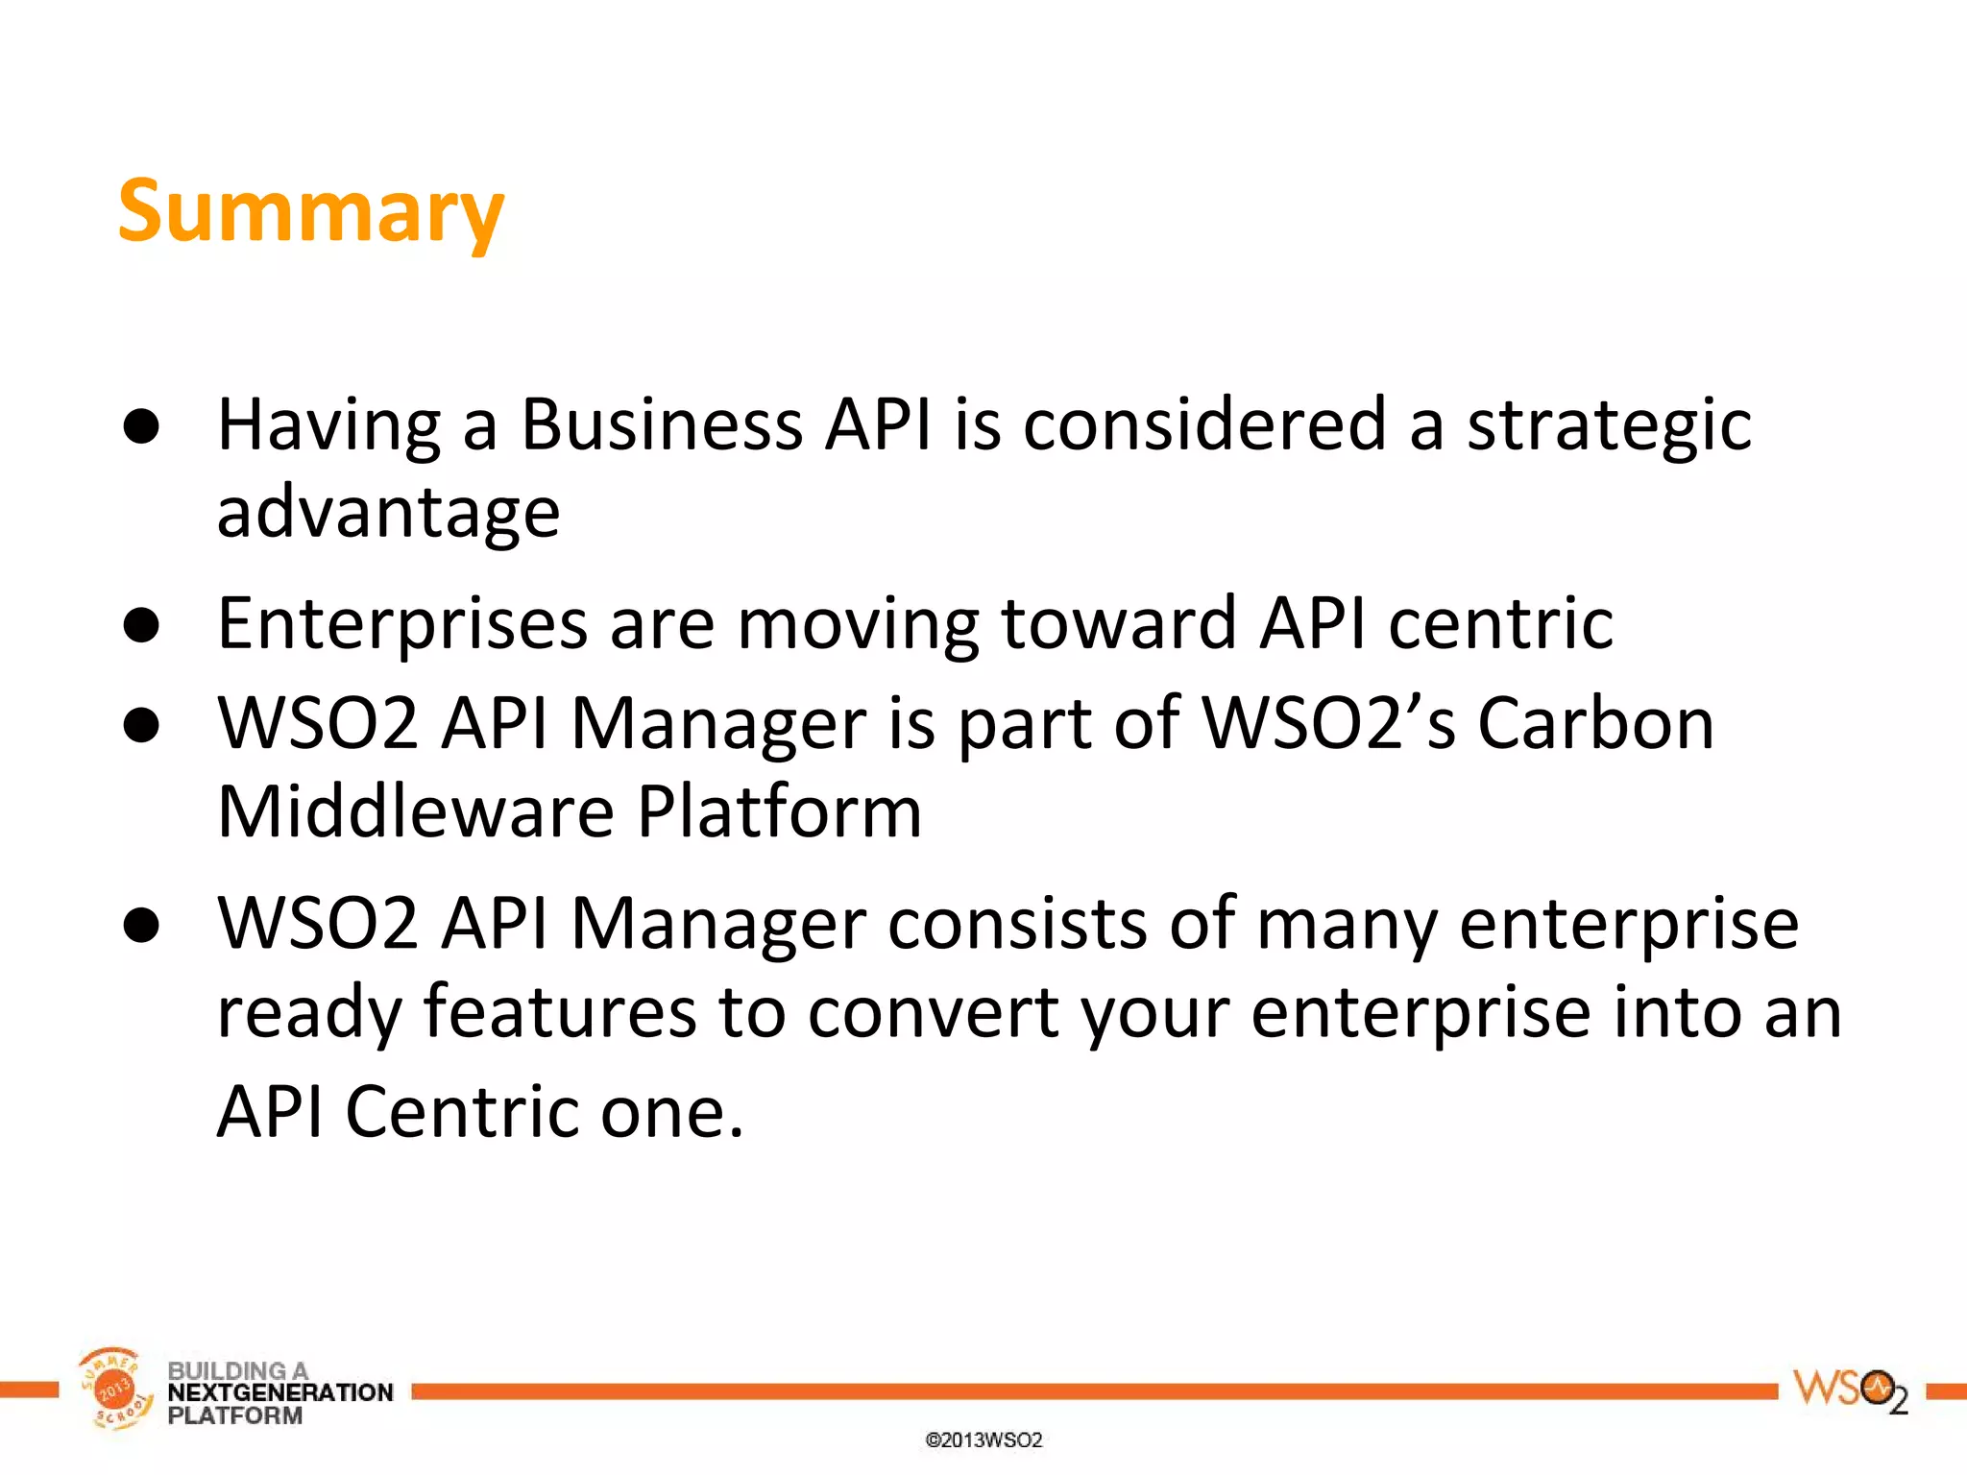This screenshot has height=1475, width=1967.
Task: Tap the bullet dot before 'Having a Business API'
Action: pyautogui.click(x=141, y=426)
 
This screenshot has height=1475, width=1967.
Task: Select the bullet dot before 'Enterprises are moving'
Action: pyautogui.click(x=141, y=626)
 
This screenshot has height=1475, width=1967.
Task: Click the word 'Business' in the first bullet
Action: pyautogui.click(x=662, y=424)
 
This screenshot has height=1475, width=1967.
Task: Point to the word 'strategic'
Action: pyautogui.click(x=1609, y=426)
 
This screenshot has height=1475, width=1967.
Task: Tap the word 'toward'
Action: pyautogui.click(x=1118, y=624)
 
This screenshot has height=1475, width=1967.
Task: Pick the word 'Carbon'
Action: pyautogui.click(x=1595, y=723)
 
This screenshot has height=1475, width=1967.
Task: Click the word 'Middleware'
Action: pyautogui.click(x=416, y=812)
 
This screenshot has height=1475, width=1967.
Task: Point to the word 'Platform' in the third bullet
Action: pyautogui.click(x=779, y=812)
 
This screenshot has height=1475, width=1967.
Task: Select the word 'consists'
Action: pyautogui.click(x=1017, y=924)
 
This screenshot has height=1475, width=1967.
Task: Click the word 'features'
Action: pyautogui.click(x=560, y=1012)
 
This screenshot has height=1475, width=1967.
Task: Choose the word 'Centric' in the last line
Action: pyautogui.click(x=462, y=1112)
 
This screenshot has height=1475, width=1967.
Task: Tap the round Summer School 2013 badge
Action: pyautogui.click(x=115, y=1389)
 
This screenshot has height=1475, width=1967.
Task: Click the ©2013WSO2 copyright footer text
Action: pyautogui.click(x=983, y=1439)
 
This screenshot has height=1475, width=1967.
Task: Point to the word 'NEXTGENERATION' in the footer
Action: pyautogui.click(x=280, y=1392)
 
